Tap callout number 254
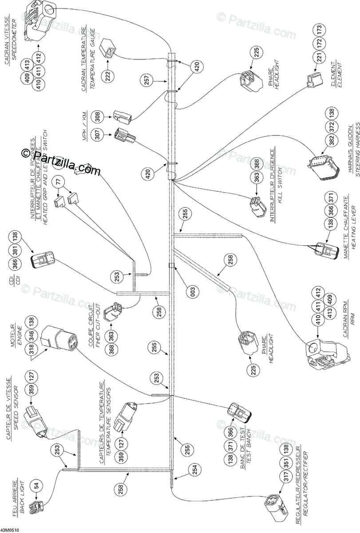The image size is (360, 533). (x=194, y=469)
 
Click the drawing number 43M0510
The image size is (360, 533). (x=10, y=529)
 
